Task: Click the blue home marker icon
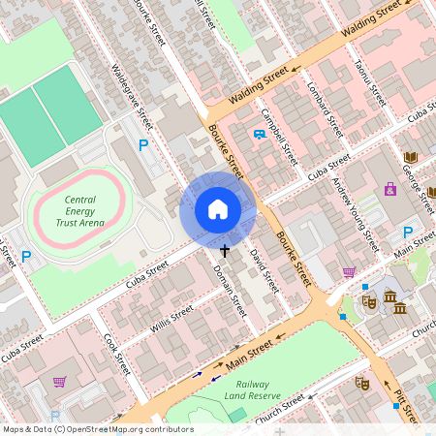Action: point(218,209)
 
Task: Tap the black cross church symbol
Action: point(225,251)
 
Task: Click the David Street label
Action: point(264,270)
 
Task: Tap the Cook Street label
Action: point(116,355)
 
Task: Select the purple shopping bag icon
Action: point(390,189)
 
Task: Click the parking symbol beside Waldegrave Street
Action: point(143,145)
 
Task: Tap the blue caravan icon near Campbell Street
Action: point(259,135)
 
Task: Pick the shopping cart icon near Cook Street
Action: point(60,382)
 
